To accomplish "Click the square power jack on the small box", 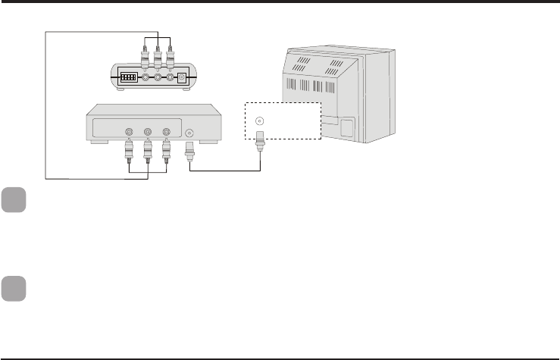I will (x=182, y=77).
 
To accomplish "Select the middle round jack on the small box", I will (x=158, y=77).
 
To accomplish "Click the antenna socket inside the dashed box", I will (x=261, y=120).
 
